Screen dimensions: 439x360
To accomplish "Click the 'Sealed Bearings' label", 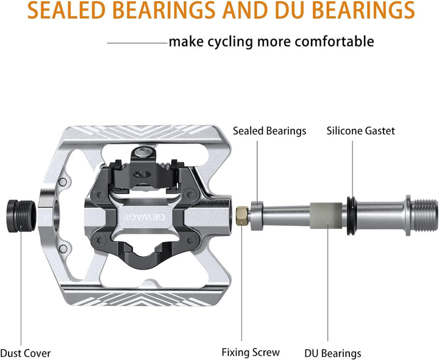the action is coord(269,131).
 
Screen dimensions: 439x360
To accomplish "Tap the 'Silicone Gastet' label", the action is coord(360,131).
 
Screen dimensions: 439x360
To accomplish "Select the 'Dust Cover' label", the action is coord(26,353).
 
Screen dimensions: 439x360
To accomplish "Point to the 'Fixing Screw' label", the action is coord(251,352).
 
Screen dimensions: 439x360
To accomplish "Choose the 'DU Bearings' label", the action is coord(333,353).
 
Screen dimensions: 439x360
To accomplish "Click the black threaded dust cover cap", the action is coord(21,216).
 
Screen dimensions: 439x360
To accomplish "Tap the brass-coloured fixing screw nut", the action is coord(243,216).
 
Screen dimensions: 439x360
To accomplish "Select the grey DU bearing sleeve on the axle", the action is coord(326,216).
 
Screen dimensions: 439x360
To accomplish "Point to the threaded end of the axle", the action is coord(426,215).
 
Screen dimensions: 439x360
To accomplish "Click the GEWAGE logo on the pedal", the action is coord(145,217).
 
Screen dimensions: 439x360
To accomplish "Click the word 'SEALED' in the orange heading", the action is coord(66,10).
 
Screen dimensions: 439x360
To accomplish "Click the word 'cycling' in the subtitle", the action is coord(230,42).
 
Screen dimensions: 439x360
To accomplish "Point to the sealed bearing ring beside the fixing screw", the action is coord(257,216).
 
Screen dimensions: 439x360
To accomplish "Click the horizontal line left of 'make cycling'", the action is coord(137,43).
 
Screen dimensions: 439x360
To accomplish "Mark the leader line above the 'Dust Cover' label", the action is coord(21,285).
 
